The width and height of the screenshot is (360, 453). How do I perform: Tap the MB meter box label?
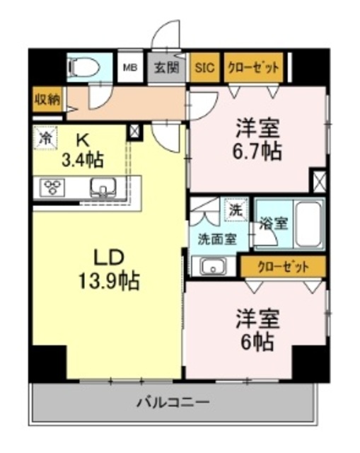[x=130, y=68]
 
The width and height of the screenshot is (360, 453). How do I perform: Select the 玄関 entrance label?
[x=167, y=68]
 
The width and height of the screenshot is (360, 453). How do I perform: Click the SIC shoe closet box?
[x=204, y=67]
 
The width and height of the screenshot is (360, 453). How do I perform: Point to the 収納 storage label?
[x=47, y=100]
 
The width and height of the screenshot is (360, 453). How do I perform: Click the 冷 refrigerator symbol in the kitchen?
[x=45, y=138]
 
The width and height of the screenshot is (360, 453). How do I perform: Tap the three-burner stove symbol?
[x=52, y=187]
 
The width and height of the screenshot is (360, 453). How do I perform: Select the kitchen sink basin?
[x=103, y=188]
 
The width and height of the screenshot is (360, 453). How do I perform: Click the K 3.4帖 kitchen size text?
[x=83, y=151]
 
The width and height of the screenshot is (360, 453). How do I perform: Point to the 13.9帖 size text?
[x=110, y=280]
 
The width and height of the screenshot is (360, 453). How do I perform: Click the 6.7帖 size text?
[x=257, y=151]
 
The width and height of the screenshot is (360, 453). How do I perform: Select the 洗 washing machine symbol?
[x=236, y=210]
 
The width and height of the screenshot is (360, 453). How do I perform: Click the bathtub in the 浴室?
[x=309, y=224]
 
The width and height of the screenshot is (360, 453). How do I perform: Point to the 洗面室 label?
[x=217, y=239]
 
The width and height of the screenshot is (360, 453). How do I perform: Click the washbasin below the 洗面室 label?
[x=214, y=266]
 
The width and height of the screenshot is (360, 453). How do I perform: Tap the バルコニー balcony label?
[x=173, y=402]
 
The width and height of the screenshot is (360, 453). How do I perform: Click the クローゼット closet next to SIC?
[x=253, y=67]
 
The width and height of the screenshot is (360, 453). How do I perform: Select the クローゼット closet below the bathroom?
[x=283, y=266]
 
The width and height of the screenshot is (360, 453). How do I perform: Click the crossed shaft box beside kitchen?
[x=135, y=132]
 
